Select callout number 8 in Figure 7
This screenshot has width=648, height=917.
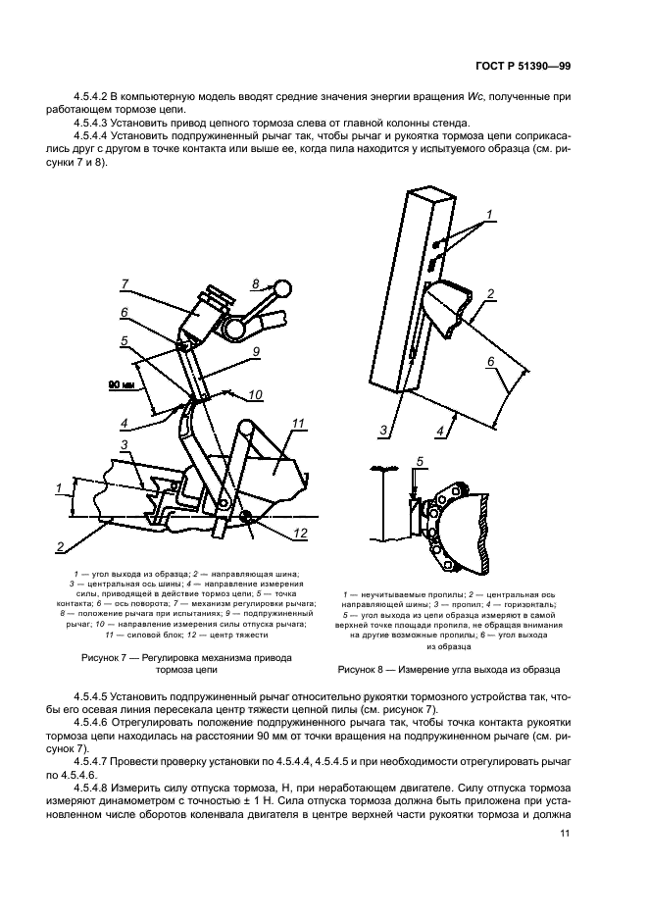coord(255,284)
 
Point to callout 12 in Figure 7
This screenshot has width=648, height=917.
coord(300,534)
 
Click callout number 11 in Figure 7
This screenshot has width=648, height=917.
coord(299,424)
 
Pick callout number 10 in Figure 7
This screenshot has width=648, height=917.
coord(255,395)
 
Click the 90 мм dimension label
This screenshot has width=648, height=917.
coord(121,384)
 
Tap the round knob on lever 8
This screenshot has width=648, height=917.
coord(282,288)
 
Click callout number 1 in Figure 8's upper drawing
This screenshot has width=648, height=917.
coord(490,215)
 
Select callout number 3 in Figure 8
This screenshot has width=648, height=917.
coord(383,431)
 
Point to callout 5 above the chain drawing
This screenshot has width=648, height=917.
coord(420,462)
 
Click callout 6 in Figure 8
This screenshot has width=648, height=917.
coord(491,362)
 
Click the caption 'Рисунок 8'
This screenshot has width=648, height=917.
coord(365,670)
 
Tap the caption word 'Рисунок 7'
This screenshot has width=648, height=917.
coord(108,657)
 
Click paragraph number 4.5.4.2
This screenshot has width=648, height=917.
coord(89,96)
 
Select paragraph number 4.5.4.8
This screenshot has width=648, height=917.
coord(89,788)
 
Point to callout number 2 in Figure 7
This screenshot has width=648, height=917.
coord(60,547)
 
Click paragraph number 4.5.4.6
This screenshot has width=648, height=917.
coord(89,722)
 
